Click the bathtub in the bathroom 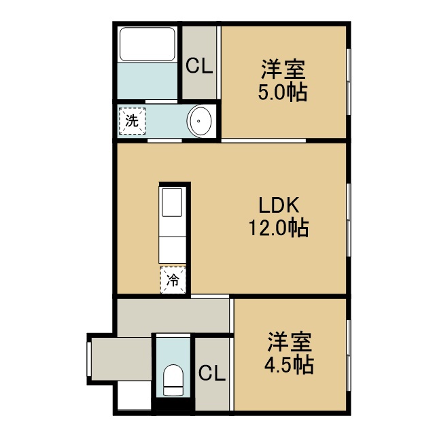pyautogui.click(x=147, y=44)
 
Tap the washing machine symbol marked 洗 pyautogui.click(x=132, y=121)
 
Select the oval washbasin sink pyautogui.click(x=199, y=121)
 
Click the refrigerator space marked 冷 pyautogui.click(x=173, y=280)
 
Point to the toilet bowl pyautogui.click(x=173, y=380)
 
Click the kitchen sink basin pyautogui.click(x=172, y=203)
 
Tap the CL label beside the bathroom pyautogui.click(x=199, y=66)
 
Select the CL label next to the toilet pyautogui.click(x=212, y=372)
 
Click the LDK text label pyautogui.click(x=279, y=205)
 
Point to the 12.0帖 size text pyautogui.click(x=279, y=228)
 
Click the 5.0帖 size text pyautogui.click(x=283, y=92)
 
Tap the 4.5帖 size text pyautogui.click(x=289, y=365)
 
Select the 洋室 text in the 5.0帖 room pyautogui.click(x=283, y=69)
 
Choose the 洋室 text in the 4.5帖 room pyautogui.click(x=290, y=342)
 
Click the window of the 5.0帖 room pyautogui.click(x=349, y=82)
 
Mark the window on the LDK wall pyautogui.click(x=349, y=220)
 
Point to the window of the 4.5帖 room pyautogui.click(x=349, y=355)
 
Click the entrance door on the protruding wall pyautogui.click(x=89, y=359)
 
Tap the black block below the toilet pyautogui.click(x=173, y=405)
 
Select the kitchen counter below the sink pyautogui.click(x=172, y=249)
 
